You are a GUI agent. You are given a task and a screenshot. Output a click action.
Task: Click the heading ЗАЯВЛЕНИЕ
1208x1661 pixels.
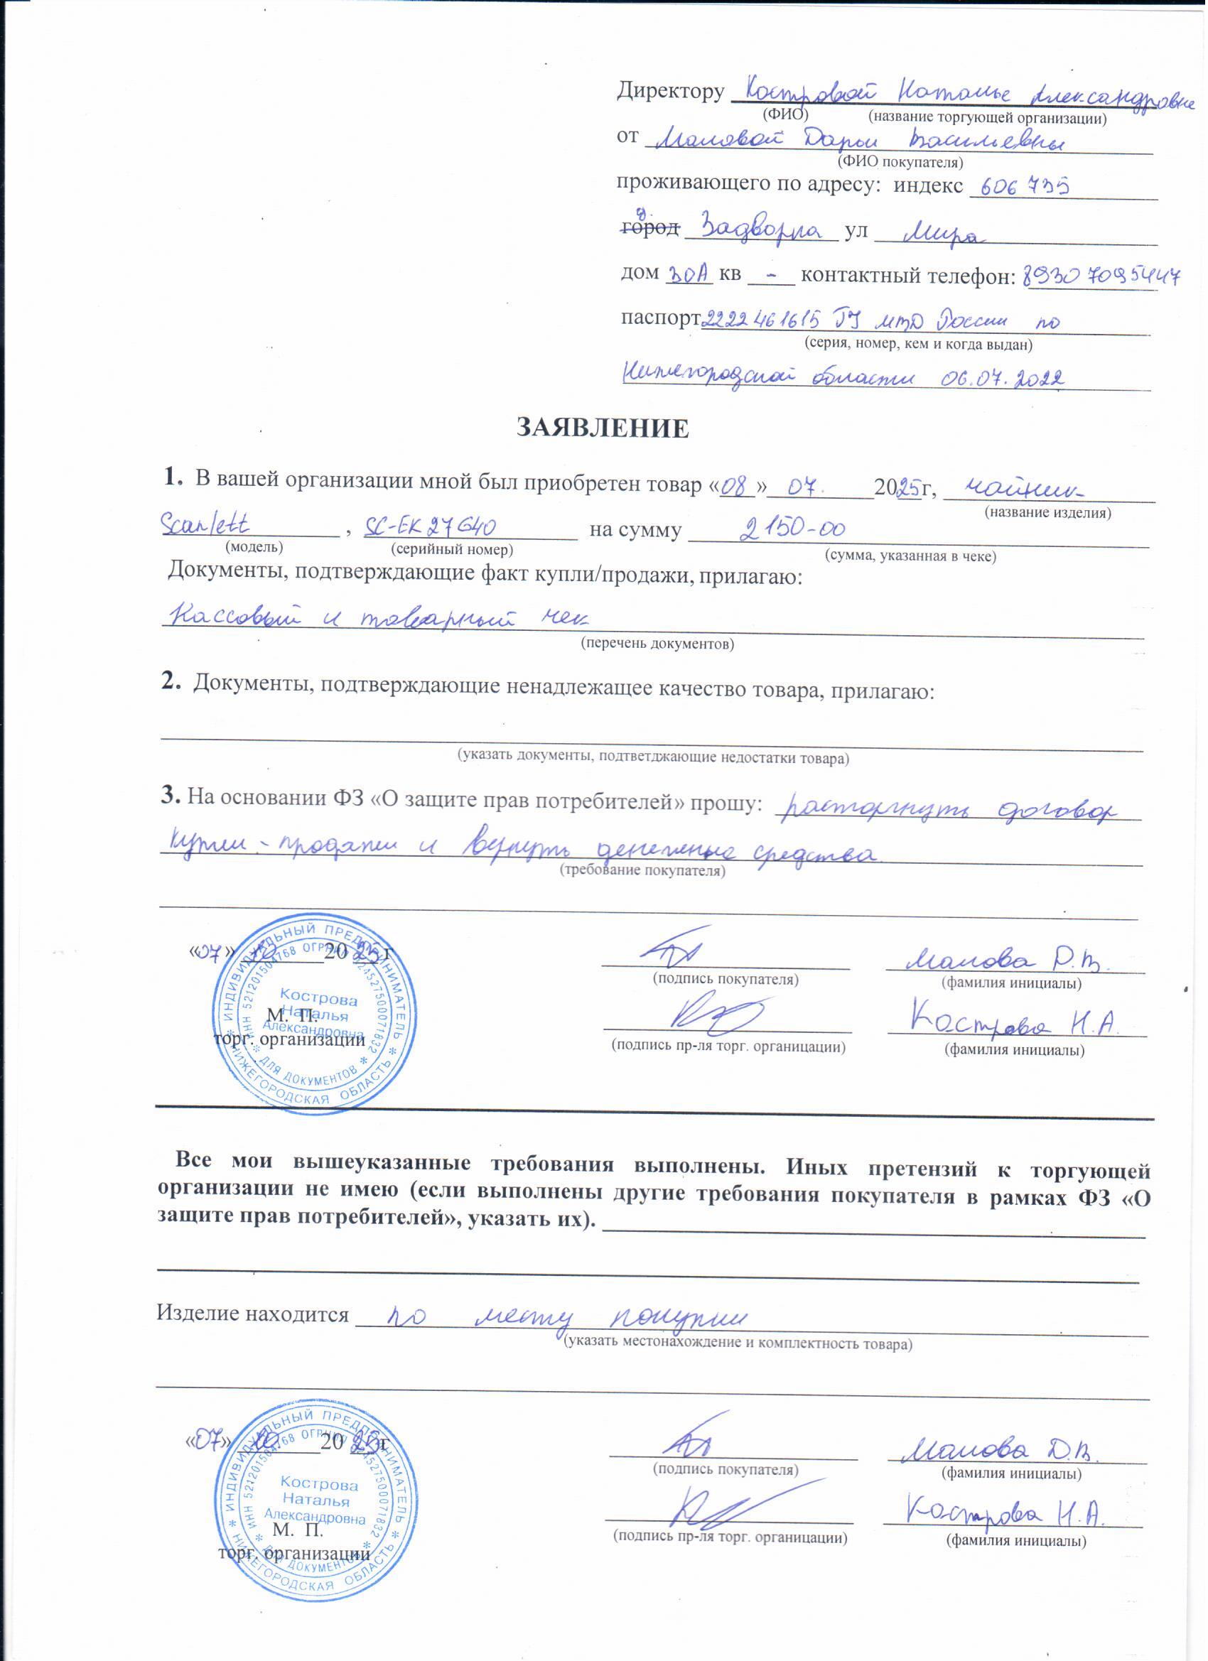pyautogui.click(x=603, y=428)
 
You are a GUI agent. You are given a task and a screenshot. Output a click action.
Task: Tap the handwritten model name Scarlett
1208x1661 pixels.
pyautogui.click(x=205, y=524)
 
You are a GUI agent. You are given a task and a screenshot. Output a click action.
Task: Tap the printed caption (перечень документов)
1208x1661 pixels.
pyautogui.click(x=657, y=644)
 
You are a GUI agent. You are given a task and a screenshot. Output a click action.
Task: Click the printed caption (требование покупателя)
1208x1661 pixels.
pyautogui.click(x=642, y=871)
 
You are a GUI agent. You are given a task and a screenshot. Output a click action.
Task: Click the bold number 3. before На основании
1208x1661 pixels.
pyautogui.click(x=171, y=796)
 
